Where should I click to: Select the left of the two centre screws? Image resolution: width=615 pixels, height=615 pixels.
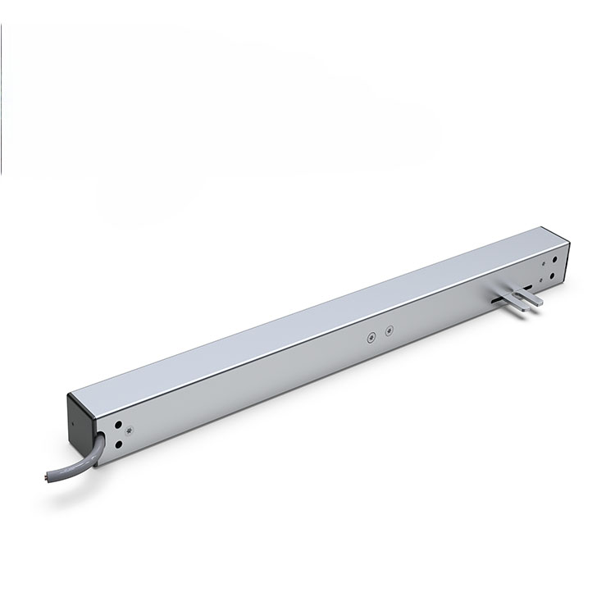point(371,336)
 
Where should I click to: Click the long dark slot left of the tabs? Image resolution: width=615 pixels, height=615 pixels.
point(498,301)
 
